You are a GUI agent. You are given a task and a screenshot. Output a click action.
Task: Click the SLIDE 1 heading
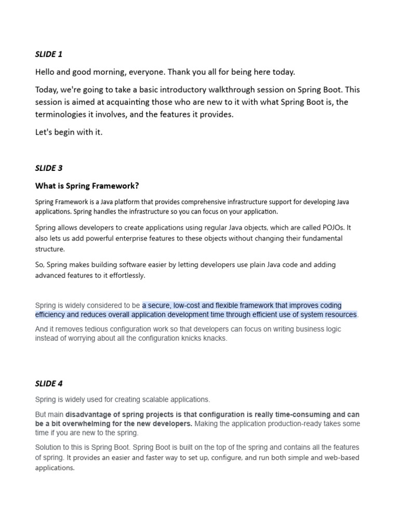49,54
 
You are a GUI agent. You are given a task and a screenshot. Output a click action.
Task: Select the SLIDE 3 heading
49,168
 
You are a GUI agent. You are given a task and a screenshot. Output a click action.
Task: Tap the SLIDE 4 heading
49,383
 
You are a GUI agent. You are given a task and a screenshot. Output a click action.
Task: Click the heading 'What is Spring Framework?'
87,185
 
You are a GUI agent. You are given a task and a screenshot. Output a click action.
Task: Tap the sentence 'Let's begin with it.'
69,132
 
